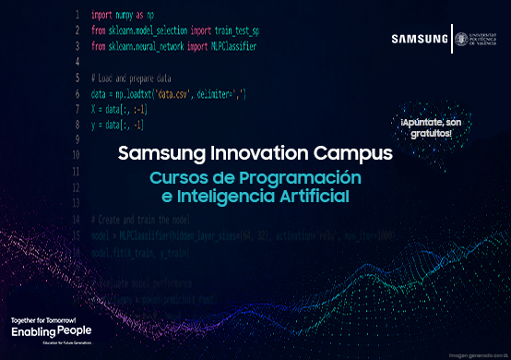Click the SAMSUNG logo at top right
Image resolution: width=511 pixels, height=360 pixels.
coord(420,39)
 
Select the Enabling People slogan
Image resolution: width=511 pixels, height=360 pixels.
coord(51,330)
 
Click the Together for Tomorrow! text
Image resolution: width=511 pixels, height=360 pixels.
coord(42,318)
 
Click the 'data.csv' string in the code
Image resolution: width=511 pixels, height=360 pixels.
coord(175,95)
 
